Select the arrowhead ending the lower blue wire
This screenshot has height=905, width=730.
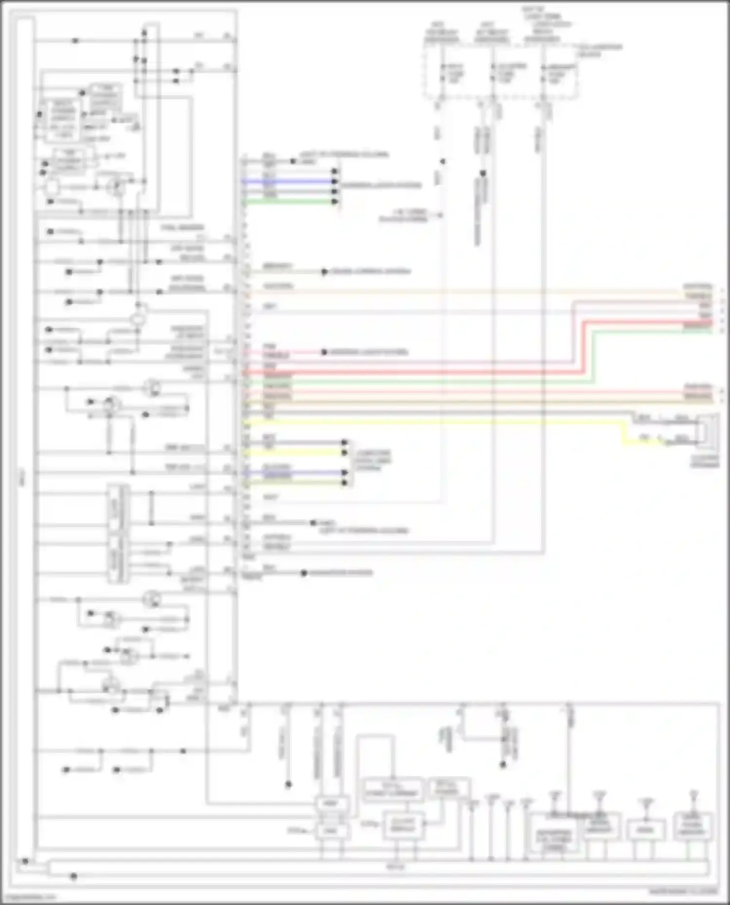click(345, 473)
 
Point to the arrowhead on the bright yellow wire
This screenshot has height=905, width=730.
click(345, 453)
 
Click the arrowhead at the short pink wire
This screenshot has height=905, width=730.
click(324, 352)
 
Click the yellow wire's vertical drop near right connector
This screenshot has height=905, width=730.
click(624, 433)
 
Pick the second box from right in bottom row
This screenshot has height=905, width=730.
click(646, 830)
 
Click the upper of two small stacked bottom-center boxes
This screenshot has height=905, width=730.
click(331, 803)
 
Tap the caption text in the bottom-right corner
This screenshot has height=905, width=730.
click(683, 892)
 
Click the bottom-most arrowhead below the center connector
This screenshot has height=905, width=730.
click(303, 573)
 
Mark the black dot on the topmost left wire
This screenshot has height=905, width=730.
click(75, 41)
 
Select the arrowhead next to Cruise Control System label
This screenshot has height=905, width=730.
click(324, 272)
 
